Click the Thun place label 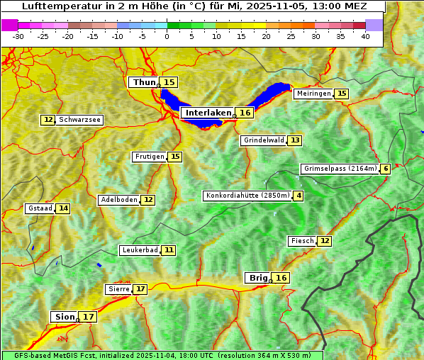point(144,83)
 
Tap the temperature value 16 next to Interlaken point(245,113)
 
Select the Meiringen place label point(313,94)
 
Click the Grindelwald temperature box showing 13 point(294,140)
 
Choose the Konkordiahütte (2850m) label point(247,196)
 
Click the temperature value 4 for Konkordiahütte point(299,196)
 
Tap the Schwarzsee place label point(80,120)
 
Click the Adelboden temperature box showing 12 point(147,200)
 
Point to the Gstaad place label point(40,208)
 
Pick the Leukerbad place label point(139,250)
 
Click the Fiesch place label point(302,241)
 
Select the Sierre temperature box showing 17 point(140,289)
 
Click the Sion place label point(64,317)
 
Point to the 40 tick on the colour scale point(365,36)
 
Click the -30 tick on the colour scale point(18,36)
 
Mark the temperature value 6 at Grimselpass point(385,169)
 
